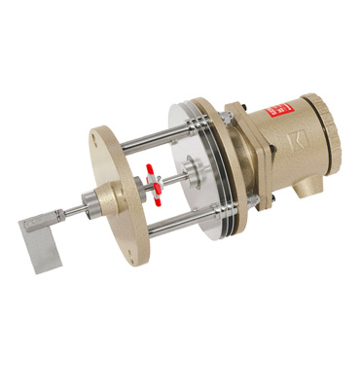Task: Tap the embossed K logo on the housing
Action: tap(298, 143)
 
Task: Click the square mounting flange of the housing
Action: tap(239, 156)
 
